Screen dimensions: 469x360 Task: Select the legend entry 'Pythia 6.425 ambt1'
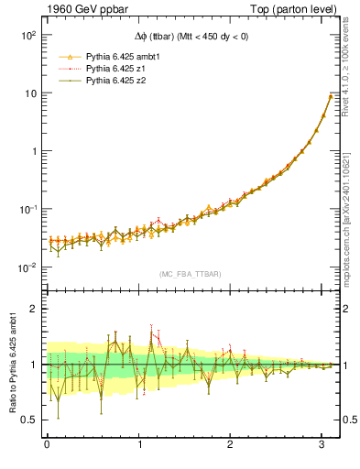pos(119,56)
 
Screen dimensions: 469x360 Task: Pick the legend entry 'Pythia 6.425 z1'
pos(113,69)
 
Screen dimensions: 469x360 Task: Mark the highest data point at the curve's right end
pos(331,96)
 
